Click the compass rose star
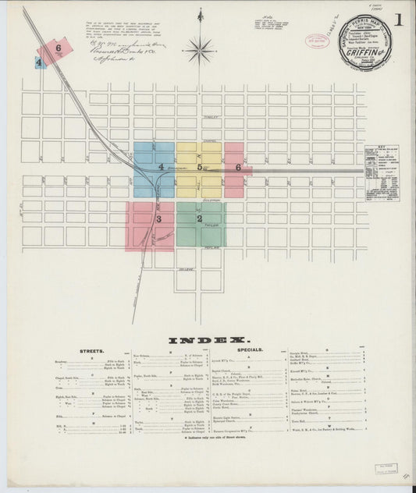coord(201,51)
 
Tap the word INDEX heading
coord(208,341)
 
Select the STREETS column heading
coord(93,352)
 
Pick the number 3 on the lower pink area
coord(158,220)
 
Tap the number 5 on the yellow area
coord(199,167)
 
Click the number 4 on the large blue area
coord(162,167)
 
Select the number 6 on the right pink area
coord(238,167)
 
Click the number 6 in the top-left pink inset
coord(59,48)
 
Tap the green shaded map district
coord(201,225)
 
